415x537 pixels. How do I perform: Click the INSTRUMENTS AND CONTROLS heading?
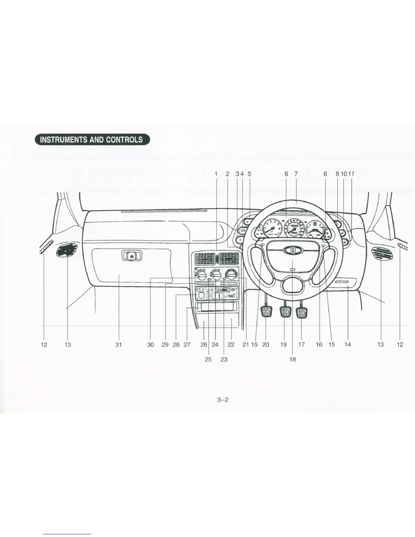[x=91, y=140]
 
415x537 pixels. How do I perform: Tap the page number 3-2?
[x=223, y=400]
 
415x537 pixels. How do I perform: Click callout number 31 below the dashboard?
[x=118, y=344]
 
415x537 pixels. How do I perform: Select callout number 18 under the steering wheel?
[x=292, y=359]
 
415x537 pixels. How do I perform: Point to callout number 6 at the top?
[x=286, y=174]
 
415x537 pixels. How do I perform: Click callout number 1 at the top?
[x=216, y=174]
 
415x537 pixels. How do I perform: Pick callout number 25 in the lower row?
[x=208, y=359]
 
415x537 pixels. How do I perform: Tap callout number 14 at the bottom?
[x=348, y=344]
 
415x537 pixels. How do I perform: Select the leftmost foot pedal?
[x=266, y=312]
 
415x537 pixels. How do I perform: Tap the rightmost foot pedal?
[x=301, y=312]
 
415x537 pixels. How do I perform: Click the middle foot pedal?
[x=285, y=312]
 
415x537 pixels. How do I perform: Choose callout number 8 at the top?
[x=325, y=174]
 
